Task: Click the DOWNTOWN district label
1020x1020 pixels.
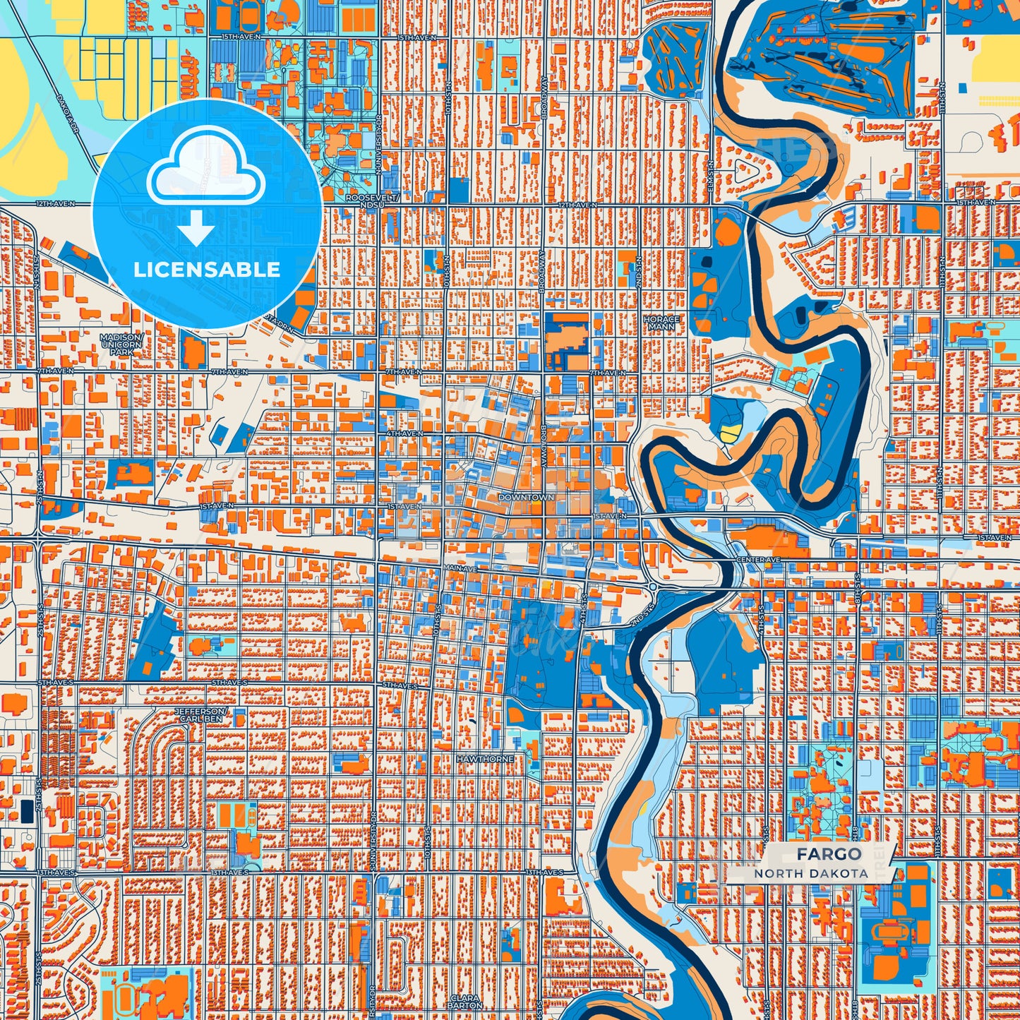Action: click(x=526, y=497)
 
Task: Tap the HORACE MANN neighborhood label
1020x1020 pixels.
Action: click(x=661, y=323)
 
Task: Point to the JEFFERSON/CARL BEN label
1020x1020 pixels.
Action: click(x=201, y=714)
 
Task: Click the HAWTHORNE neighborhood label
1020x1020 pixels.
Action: click(x=484, y=758)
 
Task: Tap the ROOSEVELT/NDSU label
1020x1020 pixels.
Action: click(x=373, y=201)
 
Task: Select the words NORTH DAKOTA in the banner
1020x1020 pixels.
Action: click(x=810, y=873)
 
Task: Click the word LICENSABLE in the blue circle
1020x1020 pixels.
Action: click(x=207, y=269)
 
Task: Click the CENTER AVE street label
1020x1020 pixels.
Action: click(x=757, y=560)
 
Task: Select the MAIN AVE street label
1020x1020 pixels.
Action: click(x=460, y=568)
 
